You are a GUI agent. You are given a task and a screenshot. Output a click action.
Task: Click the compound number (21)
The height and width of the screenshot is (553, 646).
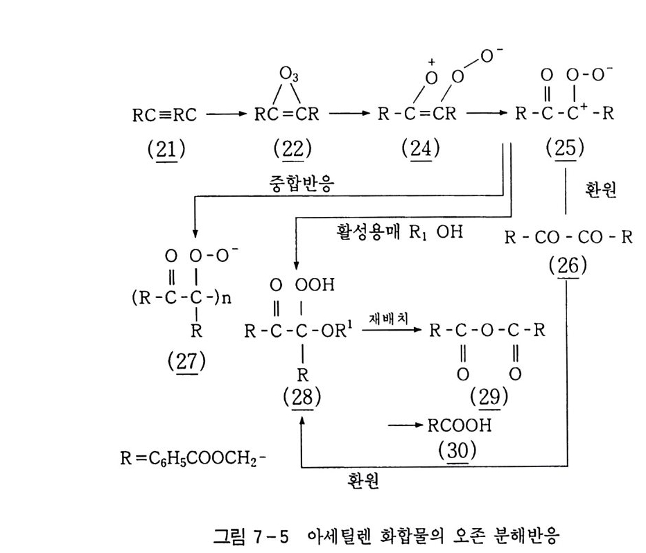pyautogui.click(x=166, y=148)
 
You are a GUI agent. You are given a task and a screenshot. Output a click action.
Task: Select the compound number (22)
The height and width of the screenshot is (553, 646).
pyautogui.click(x=293, y=148)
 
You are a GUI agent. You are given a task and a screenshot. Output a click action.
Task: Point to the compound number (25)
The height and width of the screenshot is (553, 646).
pyautogui.click(x=565, y=148)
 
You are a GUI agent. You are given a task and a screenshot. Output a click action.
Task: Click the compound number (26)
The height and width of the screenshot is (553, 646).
pyautogui.click(x=567, y=266)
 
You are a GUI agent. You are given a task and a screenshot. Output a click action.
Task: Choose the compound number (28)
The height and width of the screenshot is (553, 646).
pyautogui.click(x=302, y=398)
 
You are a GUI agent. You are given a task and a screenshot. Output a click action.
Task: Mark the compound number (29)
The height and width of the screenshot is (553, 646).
pyautogui.click(x=489, y=398)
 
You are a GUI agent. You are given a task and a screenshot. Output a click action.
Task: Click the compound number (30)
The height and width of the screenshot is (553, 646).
pyautogui.click(x=458, y=450)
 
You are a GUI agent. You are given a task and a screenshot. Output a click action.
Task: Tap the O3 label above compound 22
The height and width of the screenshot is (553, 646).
pyautogui.click(x=290, y=73)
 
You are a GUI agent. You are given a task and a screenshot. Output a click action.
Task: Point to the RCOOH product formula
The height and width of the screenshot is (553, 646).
pyautogui.click(x=462, y=425)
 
